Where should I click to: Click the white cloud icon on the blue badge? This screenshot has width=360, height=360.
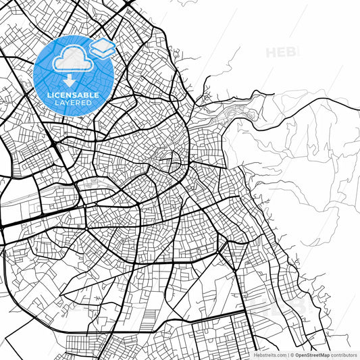[x=70, y=60]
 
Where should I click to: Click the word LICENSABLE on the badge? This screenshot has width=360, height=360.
[x=74, y=95]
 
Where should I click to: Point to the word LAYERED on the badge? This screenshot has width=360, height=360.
[x=74, y=103]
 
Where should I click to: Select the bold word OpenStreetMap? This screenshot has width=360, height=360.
[x=313, y=354]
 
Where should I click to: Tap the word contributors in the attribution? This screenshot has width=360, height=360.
[x=343, y=354]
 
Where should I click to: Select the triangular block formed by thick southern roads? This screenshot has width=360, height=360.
[x=236, y=254]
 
